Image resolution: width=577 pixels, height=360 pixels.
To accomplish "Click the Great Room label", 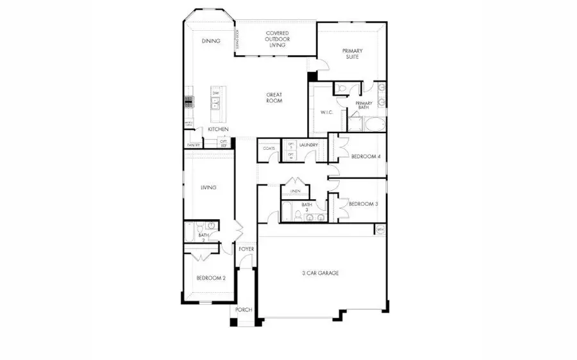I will click(274, 98).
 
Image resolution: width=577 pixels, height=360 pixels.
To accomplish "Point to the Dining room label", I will click(211, 41).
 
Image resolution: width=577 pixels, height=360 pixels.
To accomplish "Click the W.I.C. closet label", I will click(326, 113).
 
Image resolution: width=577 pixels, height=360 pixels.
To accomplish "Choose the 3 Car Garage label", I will click(321, 273).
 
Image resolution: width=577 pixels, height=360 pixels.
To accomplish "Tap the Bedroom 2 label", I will click(211, 278).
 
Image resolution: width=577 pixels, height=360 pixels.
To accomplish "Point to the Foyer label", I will click(246, 249).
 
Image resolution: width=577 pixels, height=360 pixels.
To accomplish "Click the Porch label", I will click(244, 310).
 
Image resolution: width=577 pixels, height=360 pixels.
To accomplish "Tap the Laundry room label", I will click(308, 145).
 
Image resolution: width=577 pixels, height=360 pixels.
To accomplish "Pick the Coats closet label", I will click(269, 149).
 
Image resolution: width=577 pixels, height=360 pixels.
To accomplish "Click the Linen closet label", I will click(295, 191).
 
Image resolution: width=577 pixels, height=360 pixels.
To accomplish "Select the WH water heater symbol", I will click(380, 229).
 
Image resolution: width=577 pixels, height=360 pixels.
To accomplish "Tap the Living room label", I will click(208, 188).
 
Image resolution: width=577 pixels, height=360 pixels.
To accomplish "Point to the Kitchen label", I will click(218, 129).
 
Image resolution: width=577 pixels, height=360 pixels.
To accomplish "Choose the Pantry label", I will click(193, 145).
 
